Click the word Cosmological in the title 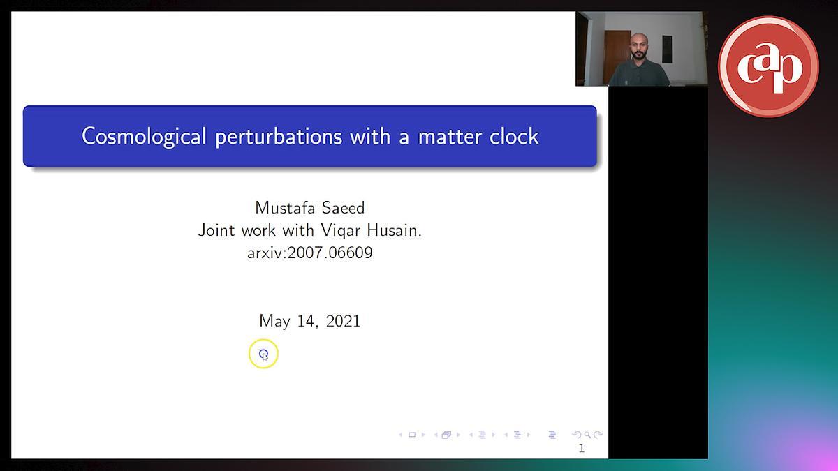point(144,137)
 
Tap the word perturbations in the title point(279,137)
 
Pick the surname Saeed point(343,208)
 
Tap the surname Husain point(395,230)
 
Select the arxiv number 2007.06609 point(330,253)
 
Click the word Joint point(216,231)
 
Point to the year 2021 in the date point(343,321)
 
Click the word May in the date point(274,322)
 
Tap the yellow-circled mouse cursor point(264,354)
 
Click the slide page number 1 point(581,448)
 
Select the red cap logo point(768,66)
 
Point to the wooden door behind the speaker point(616,57)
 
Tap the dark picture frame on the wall point(668,49)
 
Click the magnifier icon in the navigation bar point(587,435)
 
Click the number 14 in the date point(308,322)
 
